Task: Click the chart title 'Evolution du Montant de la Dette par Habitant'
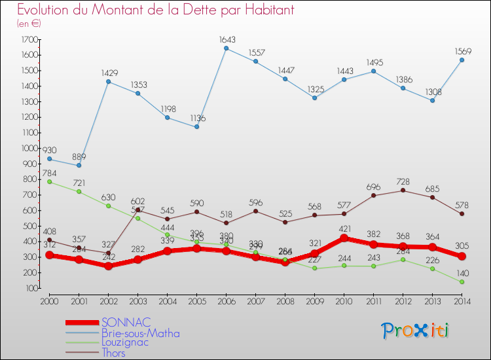pyautogui.click(x=156, y=10)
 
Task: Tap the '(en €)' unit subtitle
pyautogui.click(x=29, y=24)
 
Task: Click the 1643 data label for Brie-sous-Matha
pyautogui.click(x=226, y=39)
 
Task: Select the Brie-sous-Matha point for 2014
pyautogui.click(x=462, y=60)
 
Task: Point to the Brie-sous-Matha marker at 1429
pyautogui.click(x=108, y=82)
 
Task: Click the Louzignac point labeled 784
pyautogui.click(x=49, y=181)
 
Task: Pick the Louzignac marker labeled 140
pyautogui.click(x=462, y=281)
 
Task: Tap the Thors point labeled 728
pyautogui.click(x=403, y=190)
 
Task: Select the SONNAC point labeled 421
pyautogui.click(x=344, y=238)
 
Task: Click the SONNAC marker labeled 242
pyautogui.click(x=108, y=266)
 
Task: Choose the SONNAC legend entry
pyautogui.click(x=126, y=322)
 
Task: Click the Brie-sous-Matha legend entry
pyautogui.click(x=140, y=333)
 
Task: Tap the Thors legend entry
pyautogui.click(x=113, y=353)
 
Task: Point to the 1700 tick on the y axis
pyautogui.click(x=28, y=40)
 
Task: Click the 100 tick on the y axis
pyautogui.click(x=30, y=288)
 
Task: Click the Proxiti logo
pyautogui.click(x=416, y=331)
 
